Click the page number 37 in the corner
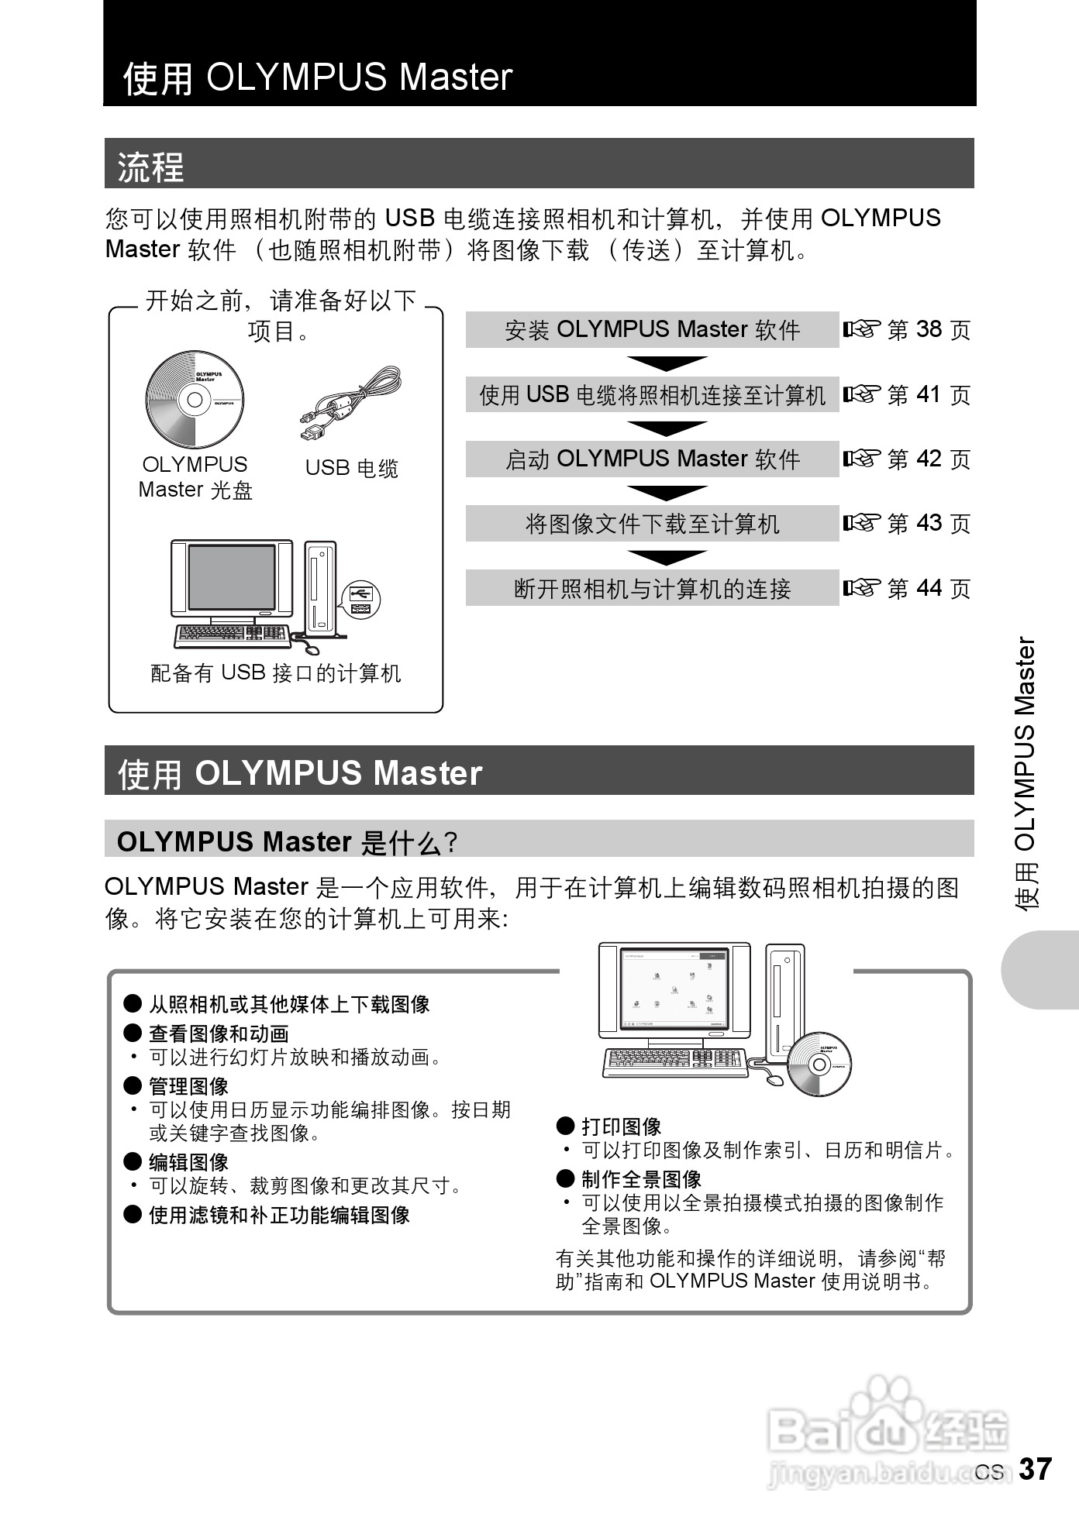tap(1034, 1469)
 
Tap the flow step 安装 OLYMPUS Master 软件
tap(652, 330)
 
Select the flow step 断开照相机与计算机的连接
tap(652, 589)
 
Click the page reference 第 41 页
tap(907, 395)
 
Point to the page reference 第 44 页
tap(907, 589)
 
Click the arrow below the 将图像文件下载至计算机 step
tap(667, 556)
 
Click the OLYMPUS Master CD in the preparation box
tap(195, 400)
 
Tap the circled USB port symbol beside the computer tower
tap(360, 599)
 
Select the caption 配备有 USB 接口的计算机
tap(276, 673)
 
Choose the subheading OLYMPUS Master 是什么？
tap(288, 842)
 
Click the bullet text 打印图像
tap(621, 1126)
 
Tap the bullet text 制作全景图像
tap(641, 1179)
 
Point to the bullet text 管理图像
tap(188, 1086)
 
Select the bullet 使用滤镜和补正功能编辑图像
tap(279, 1215)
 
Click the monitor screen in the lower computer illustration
tap(674, 989)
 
